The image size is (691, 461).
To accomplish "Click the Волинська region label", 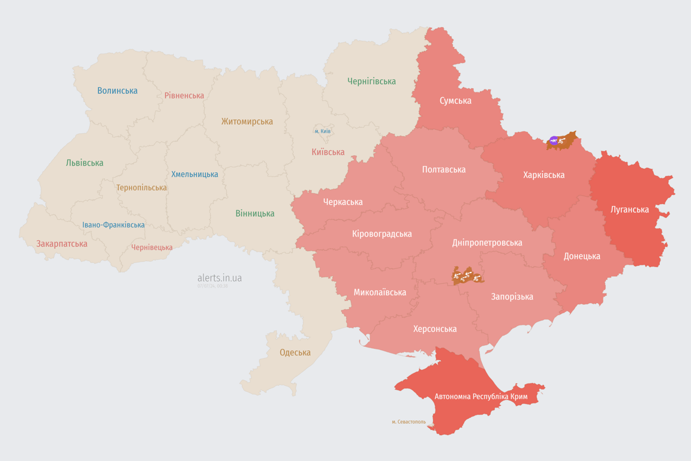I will coord(118,91).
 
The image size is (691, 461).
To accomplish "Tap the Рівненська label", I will coord(184,95).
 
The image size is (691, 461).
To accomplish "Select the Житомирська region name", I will coord(247,121).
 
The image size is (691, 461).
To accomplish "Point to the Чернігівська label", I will coord(371,81).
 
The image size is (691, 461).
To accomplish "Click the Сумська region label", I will coord(455,100).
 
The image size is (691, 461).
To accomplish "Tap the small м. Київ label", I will coord(322,131).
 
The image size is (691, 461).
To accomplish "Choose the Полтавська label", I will coord(443,169).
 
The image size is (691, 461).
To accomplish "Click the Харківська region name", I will coord(543,175).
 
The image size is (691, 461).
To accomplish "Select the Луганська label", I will coord(629,209).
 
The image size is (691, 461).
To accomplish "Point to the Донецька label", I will coord(581,256).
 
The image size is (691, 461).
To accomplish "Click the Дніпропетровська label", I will coord(486,243).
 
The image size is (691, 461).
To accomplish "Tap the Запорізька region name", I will coord(512,297).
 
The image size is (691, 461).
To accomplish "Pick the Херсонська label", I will coord(434,329).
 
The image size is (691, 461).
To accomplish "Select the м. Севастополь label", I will coord(408,422).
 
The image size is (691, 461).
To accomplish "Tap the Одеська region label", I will coord(295,352).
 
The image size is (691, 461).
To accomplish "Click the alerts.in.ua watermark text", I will coord(220,278).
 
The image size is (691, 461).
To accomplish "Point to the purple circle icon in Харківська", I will coord(554,141).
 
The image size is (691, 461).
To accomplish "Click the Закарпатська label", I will coord(62,244).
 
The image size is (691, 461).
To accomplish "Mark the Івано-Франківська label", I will coord(113,225).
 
